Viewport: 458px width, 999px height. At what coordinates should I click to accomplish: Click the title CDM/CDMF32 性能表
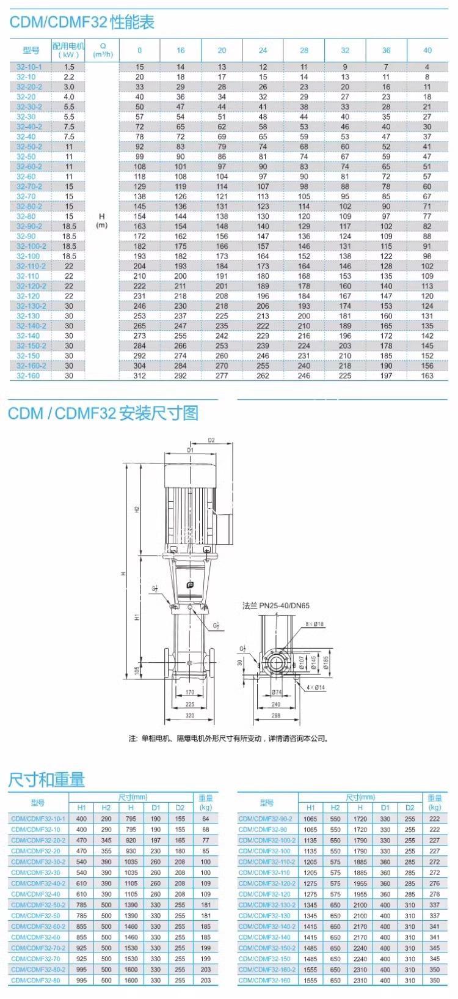click(82, 23)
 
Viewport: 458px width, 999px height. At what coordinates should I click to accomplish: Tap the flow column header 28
click(304, 51)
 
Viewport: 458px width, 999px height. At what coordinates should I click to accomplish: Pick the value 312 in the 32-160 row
click(140, 375)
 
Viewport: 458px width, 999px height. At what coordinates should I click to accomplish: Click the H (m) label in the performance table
click(102, 221)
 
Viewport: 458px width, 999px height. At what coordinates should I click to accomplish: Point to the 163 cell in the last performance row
click(427, 375)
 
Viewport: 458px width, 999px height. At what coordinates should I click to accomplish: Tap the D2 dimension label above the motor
click(212, 440)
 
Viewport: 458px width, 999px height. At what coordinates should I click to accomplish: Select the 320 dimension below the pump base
click(189, 715)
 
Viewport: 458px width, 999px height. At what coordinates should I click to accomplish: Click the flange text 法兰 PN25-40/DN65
click(276, 606)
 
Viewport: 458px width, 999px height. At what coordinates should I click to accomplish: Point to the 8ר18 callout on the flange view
click(315, 624)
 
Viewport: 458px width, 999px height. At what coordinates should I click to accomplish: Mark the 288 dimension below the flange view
click(275, 715)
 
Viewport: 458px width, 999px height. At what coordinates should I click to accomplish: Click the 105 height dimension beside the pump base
click(137, 671)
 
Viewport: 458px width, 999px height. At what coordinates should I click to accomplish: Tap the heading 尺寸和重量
click(46, 780)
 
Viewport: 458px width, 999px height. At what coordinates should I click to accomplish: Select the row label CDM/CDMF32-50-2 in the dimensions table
click(35, 905)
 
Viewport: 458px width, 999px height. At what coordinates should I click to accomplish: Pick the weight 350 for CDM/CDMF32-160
click(434, 980)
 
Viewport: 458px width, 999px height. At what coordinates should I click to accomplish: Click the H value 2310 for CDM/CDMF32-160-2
click(360, 970)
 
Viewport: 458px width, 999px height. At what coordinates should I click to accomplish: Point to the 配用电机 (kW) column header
click(68, 50)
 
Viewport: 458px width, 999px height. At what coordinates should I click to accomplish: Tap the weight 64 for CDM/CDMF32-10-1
click(206, 819)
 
